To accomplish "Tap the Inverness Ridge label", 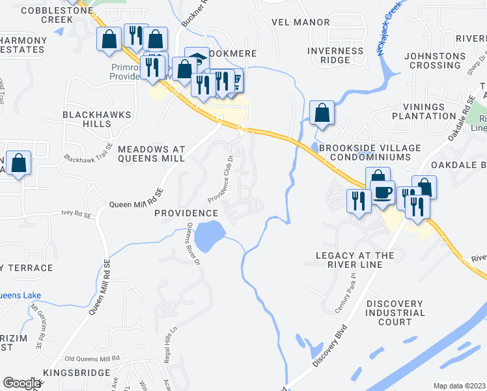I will pos(335,55).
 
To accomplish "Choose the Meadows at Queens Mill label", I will pos(152,154).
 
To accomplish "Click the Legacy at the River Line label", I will pos(355,260).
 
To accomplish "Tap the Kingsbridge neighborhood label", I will pos(76,373).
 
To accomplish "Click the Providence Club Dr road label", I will pos(221,179).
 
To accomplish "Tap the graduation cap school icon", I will pos(197,57).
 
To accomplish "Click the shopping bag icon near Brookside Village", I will pos(322,113).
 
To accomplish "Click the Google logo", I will pos(21,383).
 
